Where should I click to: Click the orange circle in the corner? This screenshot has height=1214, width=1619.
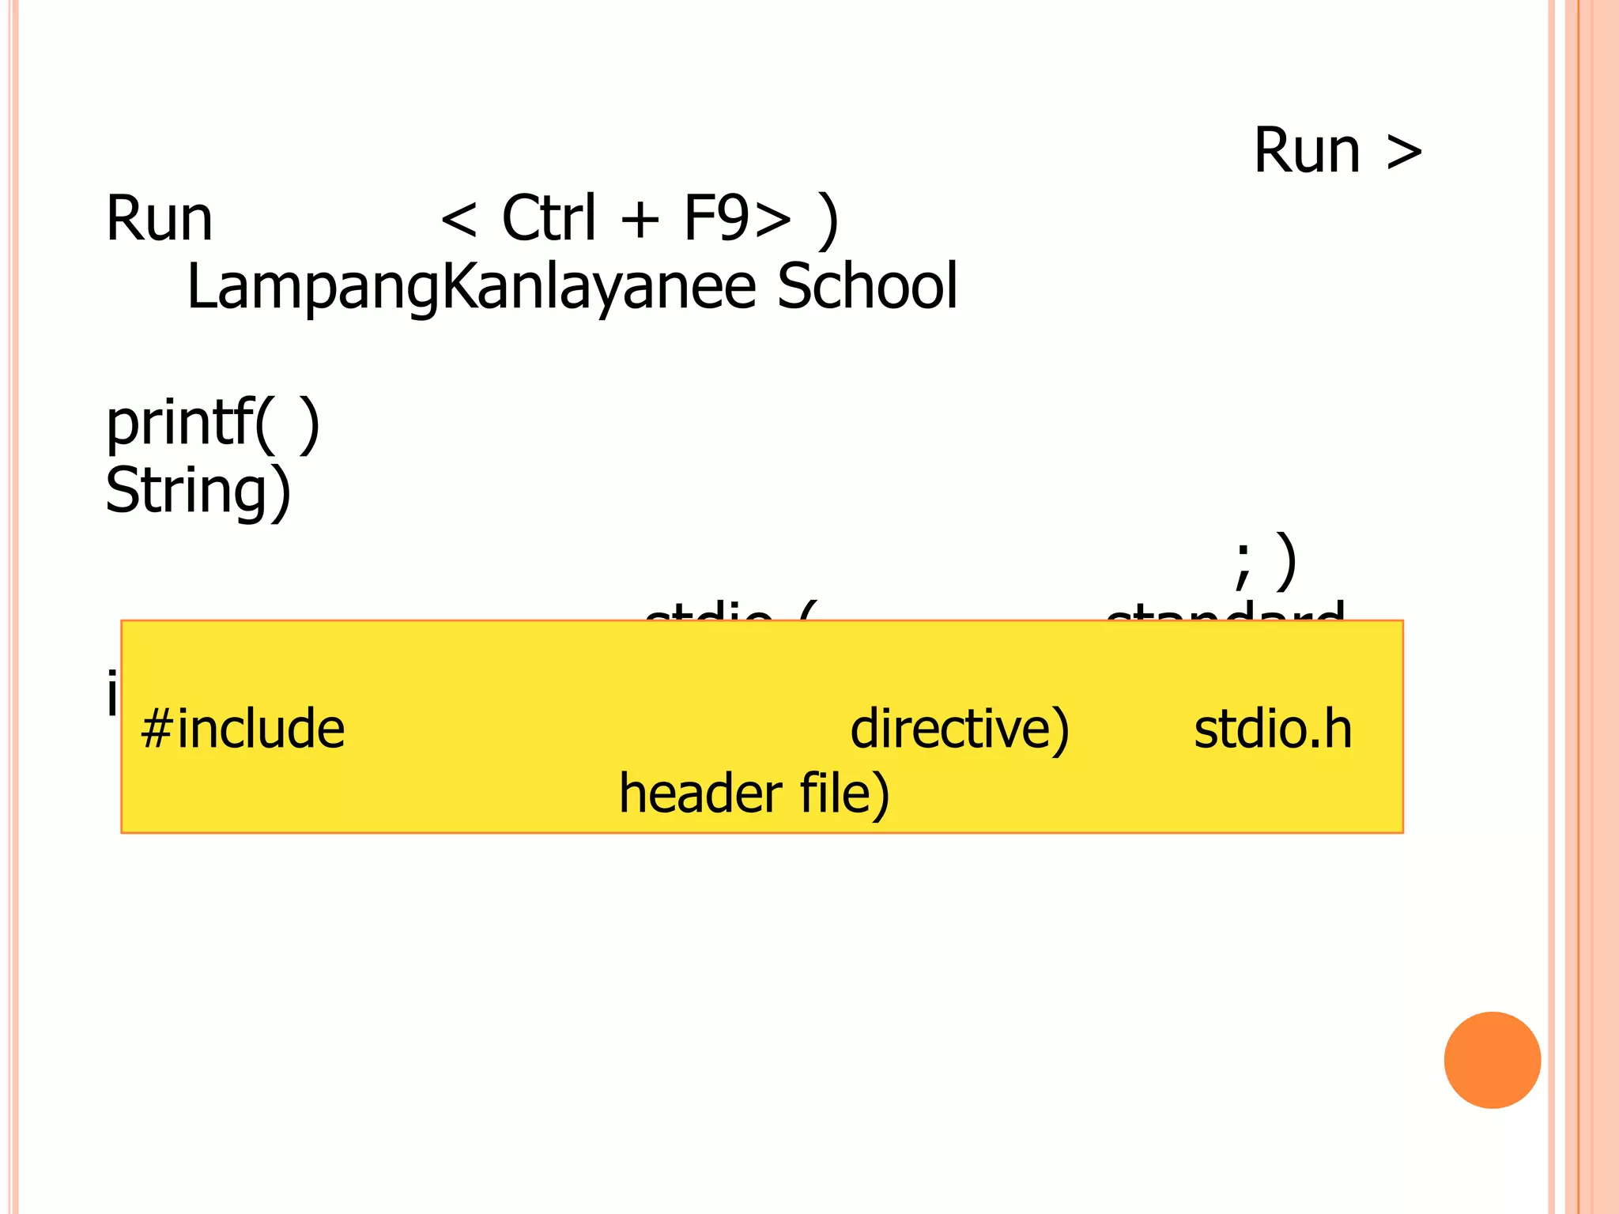(1492, 1060)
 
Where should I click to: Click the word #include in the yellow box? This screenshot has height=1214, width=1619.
(242, 729)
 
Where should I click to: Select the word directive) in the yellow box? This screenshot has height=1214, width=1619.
(959, 729)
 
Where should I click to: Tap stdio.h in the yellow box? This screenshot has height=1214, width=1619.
(1273, 729)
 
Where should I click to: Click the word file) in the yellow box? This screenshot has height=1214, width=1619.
(844, 794)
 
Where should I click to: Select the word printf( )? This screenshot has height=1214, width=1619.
(213, 424)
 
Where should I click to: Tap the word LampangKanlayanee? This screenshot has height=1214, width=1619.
(471, 288)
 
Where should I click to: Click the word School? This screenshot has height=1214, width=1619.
(867, 286)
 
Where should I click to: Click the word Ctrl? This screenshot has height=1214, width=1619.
(549, 218)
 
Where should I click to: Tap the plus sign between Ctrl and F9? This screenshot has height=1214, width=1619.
(640, 220)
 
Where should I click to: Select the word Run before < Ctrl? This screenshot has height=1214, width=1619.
(160, 219)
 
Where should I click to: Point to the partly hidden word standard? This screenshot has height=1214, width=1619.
(1225, 612)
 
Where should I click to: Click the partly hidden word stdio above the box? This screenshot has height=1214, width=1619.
(708, 612)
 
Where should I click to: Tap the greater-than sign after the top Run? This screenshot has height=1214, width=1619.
(1404, 152)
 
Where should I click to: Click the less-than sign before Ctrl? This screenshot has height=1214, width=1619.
(459, 220)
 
